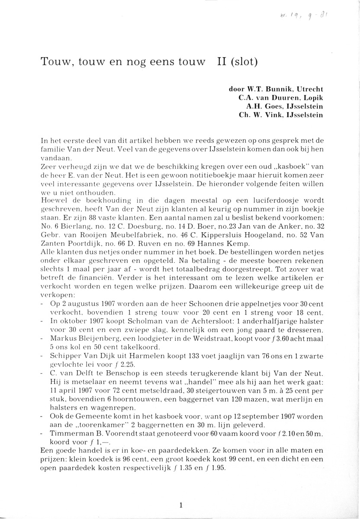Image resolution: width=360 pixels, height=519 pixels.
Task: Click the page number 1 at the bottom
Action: coord(180,504)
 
